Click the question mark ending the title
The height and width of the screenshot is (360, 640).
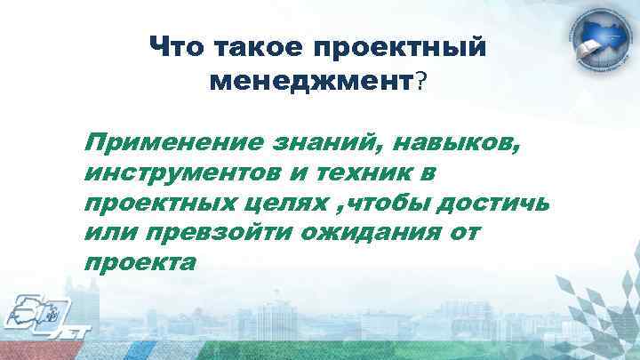pyautogui.click(x=421, y=83)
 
